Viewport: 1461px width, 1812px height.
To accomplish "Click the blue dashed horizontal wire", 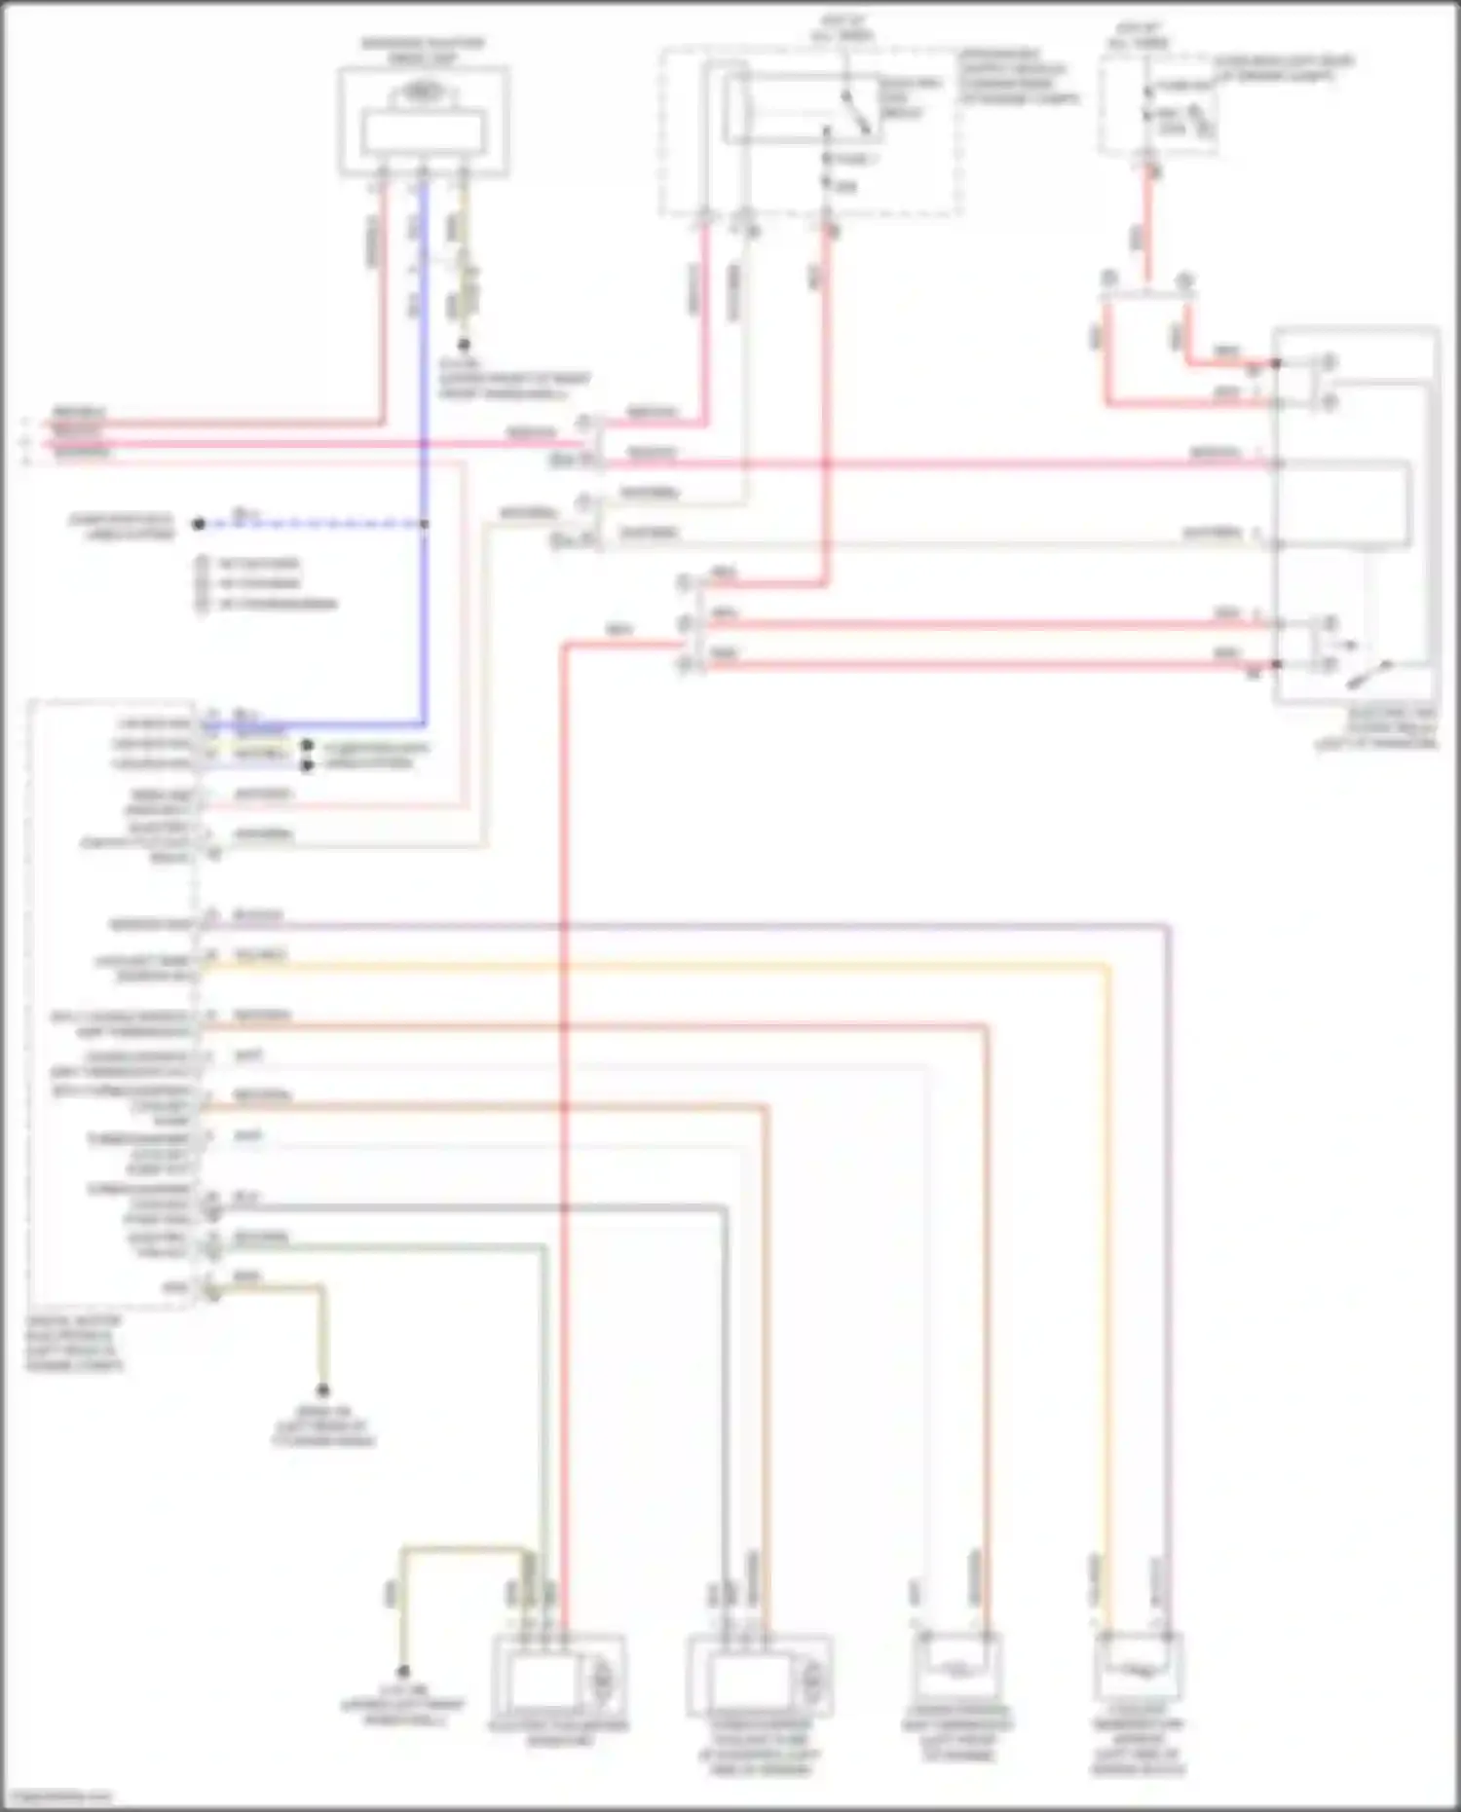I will [x=312, y=524].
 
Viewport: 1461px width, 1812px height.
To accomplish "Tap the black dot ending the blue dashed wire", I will [x=199, y=524].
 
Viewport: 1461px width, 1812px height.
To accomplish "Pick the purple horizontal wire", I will [x=682, y=924].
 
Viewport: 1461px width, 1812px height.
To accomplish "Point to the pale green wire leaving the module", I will [x=390, y=1245].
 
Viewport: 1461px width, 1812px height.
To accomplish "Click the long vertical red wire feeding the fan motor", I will [x=563, y=1071].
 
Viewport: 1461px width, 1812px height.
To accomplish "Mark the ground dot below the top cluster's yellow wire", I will [x=465, y=345].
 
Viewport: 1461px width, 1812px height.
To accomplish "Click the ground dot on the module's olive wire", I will [x=323, y=1390].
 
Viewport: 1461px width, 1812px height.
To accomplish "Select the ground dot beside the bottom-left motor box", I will [x=400, y=1672].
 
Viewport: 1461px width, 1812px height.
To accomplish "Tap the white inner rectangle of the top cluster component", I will [x=423, y=132].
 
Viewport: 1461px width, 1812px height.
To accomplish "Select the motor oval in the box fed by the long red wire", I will [x=601, y=1678].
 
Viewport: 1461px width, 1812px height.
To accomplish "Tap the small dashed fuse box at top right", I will [x=1157, y=105].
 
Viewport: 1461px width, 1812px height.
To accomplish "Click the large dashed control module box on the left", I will [x=112, y=1003].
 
